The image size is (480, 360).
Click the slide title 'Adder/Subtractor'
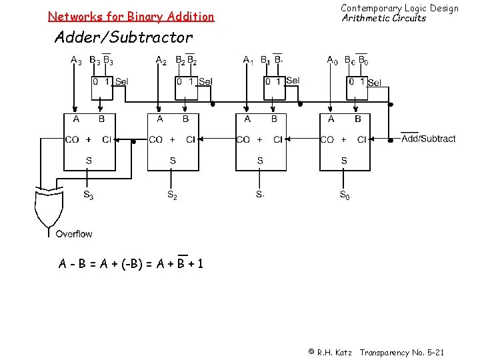123,37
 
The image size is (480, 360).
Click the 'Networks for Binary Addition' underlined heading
131,16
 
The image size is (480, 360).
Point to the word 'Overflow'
74,234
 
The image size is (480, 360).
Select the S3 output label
88,195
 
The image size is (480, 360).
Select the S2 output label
172,195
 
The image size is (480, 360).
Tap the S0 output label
344,195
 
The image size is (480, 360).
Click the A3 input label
76,61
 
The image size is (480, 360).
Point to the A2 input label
161,61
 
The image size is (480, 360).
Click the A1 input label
248,61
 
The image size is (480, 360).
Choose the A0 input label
332,61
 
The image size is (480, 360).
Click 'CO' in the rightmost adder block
327,139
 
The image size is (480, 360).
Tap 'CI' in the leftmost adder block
107,139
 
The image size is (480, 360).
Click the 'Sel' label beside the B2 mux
205,81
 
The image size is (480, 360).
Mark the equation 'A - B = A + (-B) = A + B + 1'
131,264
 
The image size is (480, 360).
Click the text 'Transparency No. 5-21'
401,352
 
